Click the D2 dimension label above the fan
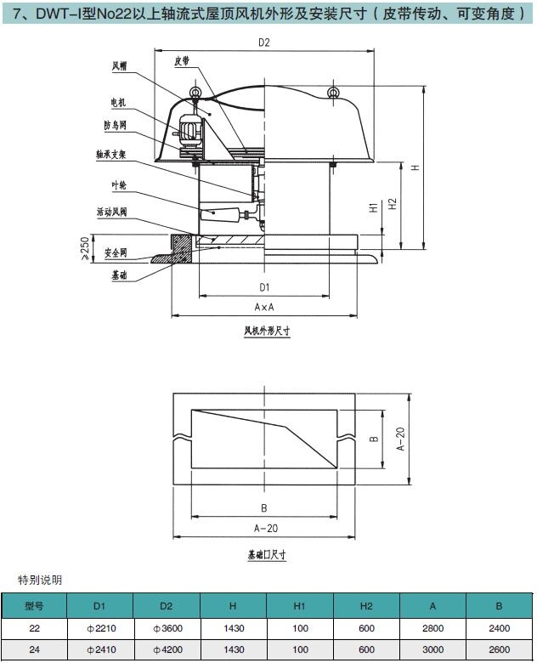pyautogui.click(x=264, y=42)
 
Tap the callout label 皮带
pyautogui.click(x=182, y=61)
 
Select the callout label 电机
pyautogui.click(x=118, y=102)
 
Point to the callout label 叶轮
pyautogui.click(x=119, y=185)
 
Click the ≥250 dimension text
pyautogui.click(x=85, y=248)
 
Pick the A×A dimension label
pyautogui.click(x=264, y=308)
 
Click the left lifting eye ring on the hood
pyautogui.click(x=195, y=92)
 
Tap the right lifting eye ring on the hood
pyautogui.click(x=334, y=92)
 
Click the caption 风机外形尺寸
pyautogui.click(x=267, y=331)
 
